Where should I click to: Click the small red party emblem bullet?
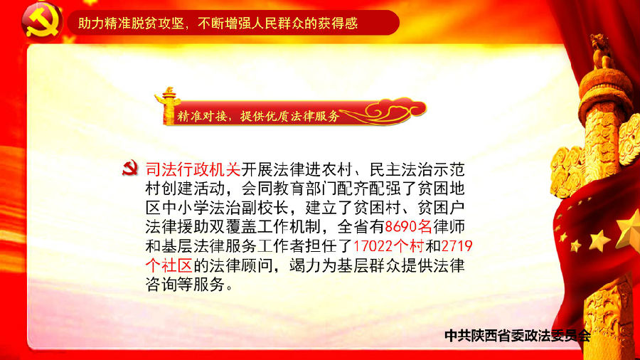[x=130, y=168]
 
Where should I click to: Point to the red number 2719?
[x=457, y=245]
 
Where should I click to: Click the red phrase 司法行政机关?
[x=193, y=169]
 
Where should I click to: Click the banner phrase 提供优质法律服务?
[x=290, y=117]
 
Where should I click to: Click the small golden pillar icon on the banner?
[x=167, y=105]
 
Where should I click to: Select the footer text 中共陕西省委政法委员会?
[x=518, y=336]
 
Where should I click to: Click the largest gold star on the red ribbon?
[x=629, y=231]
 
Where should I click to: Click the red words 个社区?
[x=169, y=265]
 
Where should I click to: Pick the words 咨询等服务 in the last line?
[x=186, y=285]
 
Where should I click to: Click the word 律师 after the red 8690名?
[x=449, y=226]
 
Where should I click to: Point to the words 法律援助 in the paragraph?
[x=177, y=226]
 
